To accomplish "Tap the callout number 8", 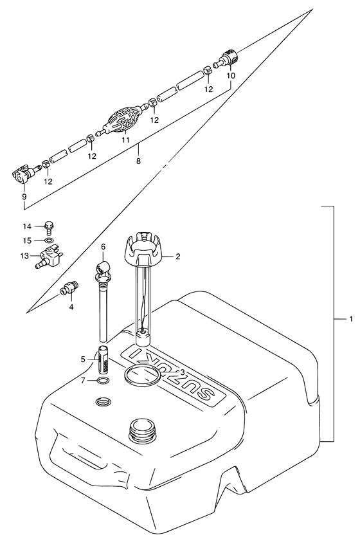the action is click(138, 161).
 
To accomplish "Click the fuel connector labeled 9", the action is click(25, 175).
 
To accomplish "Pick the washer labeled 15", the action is click(49, 241).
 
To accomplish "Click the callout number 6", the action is click(103, 247).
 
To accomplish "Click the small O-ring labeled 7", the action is click(102, 381).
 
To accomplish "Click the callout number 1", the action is click(351, 318).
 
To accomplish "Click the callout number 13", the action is click(25, 257).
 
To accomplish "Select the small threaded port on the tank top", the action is click(104, 402).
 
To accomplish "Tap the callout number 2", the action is click(178, 257).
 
